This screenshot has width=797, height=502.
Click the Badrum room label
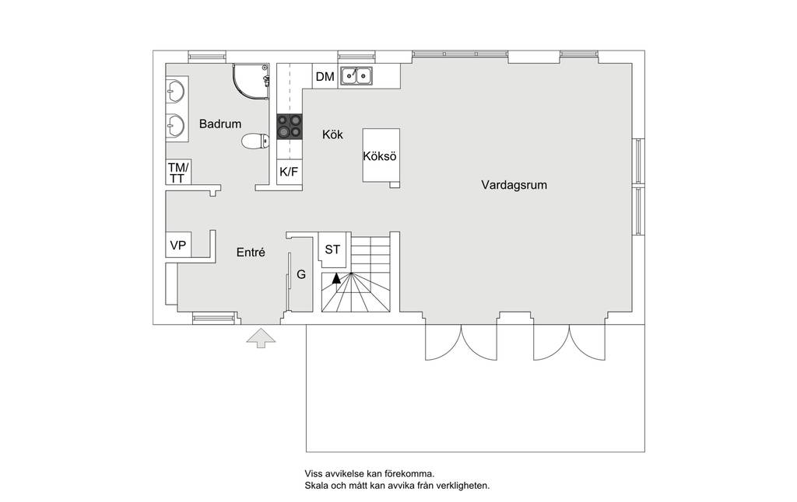220,124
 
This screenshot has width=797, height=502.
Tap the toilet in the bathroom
255,141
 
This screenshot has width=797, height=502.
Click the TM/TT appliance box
178,172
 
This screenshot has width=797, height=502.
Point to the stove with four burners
290,127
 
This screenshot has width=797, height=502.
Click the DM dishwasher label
325,77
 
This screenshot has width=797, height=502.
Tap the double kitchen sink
356,75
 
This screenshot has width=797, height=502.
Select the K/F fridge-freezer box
289,172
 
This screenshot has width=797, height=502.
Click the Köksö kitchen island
380,155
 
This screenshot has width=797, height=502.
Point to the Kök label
333,134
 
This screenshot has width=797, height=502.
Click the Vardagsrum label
514,185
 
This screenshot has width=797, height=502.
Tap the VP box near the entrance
178,245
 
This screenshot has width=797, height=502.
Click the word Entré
251,253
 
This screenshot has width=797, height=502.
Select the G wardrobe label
301,274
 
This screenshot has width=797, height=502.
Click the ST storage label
332,249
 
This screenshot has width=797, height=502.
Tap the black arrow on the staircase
336,278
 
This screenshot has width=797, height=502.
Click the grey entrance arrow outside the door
261,338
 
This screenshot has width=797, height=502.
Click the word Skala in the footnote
316,486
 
